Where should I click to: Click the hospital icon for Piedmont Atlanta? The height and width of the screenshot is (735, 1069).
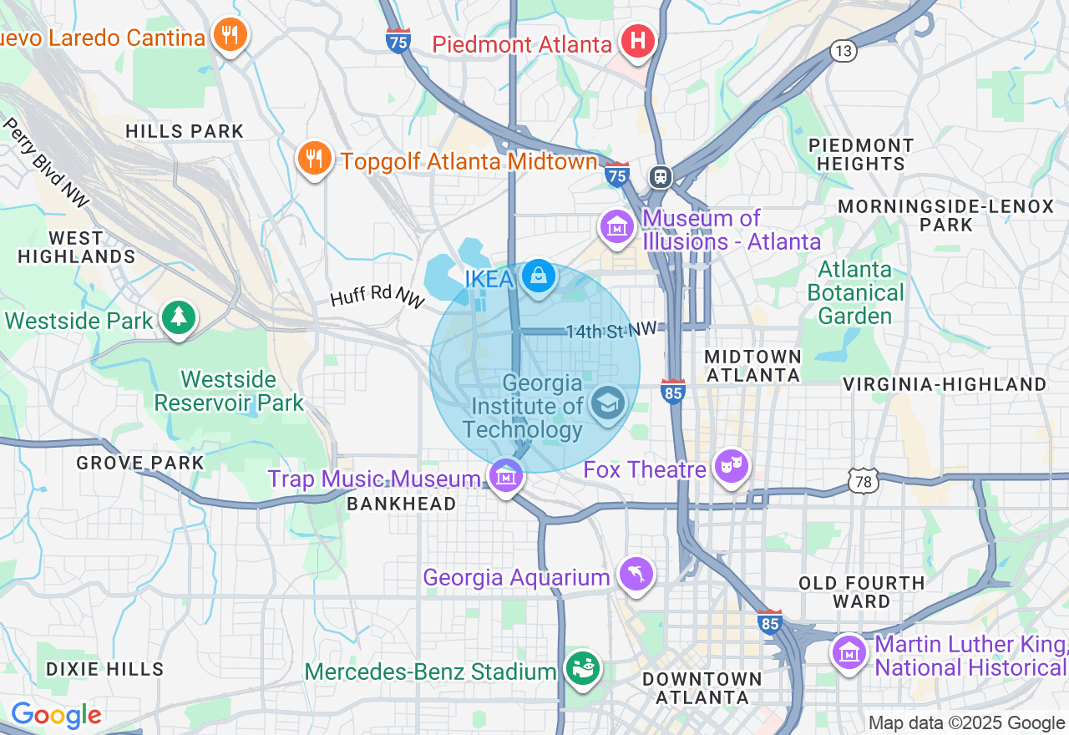(x=637, y=41)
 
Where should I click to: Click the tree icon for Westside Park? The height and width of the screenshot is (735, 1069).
(x=177, y=318)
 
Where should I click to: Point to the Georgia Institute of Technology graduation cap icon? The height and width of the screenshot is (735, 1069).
(x=607, y=403)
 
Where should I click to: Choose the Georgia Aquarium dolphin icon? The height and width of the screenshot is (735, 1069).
(x=636, y=575)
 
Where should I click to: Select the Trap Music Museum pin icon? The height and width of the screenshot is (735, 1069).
(x=506, y=476)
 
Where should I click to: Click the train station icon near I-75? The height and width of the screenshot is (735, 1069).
(x=660, y=176)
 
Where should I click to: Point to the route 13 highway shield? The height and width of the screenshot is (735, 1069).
(x=844, y=52)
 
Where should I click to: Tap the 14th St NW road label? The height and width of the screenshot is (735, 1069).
(x=611, y=332)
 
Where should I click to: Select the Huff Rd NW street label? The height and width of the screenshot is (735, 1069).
(x=377, y=297)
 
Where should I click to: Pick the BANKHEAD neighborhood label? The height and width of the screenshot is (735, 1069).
(x=401, y=504)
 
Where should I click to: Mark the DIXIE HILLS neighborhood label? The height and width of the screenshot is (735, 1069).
(x=105, y=669)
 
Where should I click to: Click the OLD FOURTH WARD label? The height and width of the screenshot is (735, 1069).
(x=861, y=592)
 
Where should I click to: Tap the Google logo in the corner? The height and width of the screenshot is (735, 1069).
(x=56, y=715)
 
